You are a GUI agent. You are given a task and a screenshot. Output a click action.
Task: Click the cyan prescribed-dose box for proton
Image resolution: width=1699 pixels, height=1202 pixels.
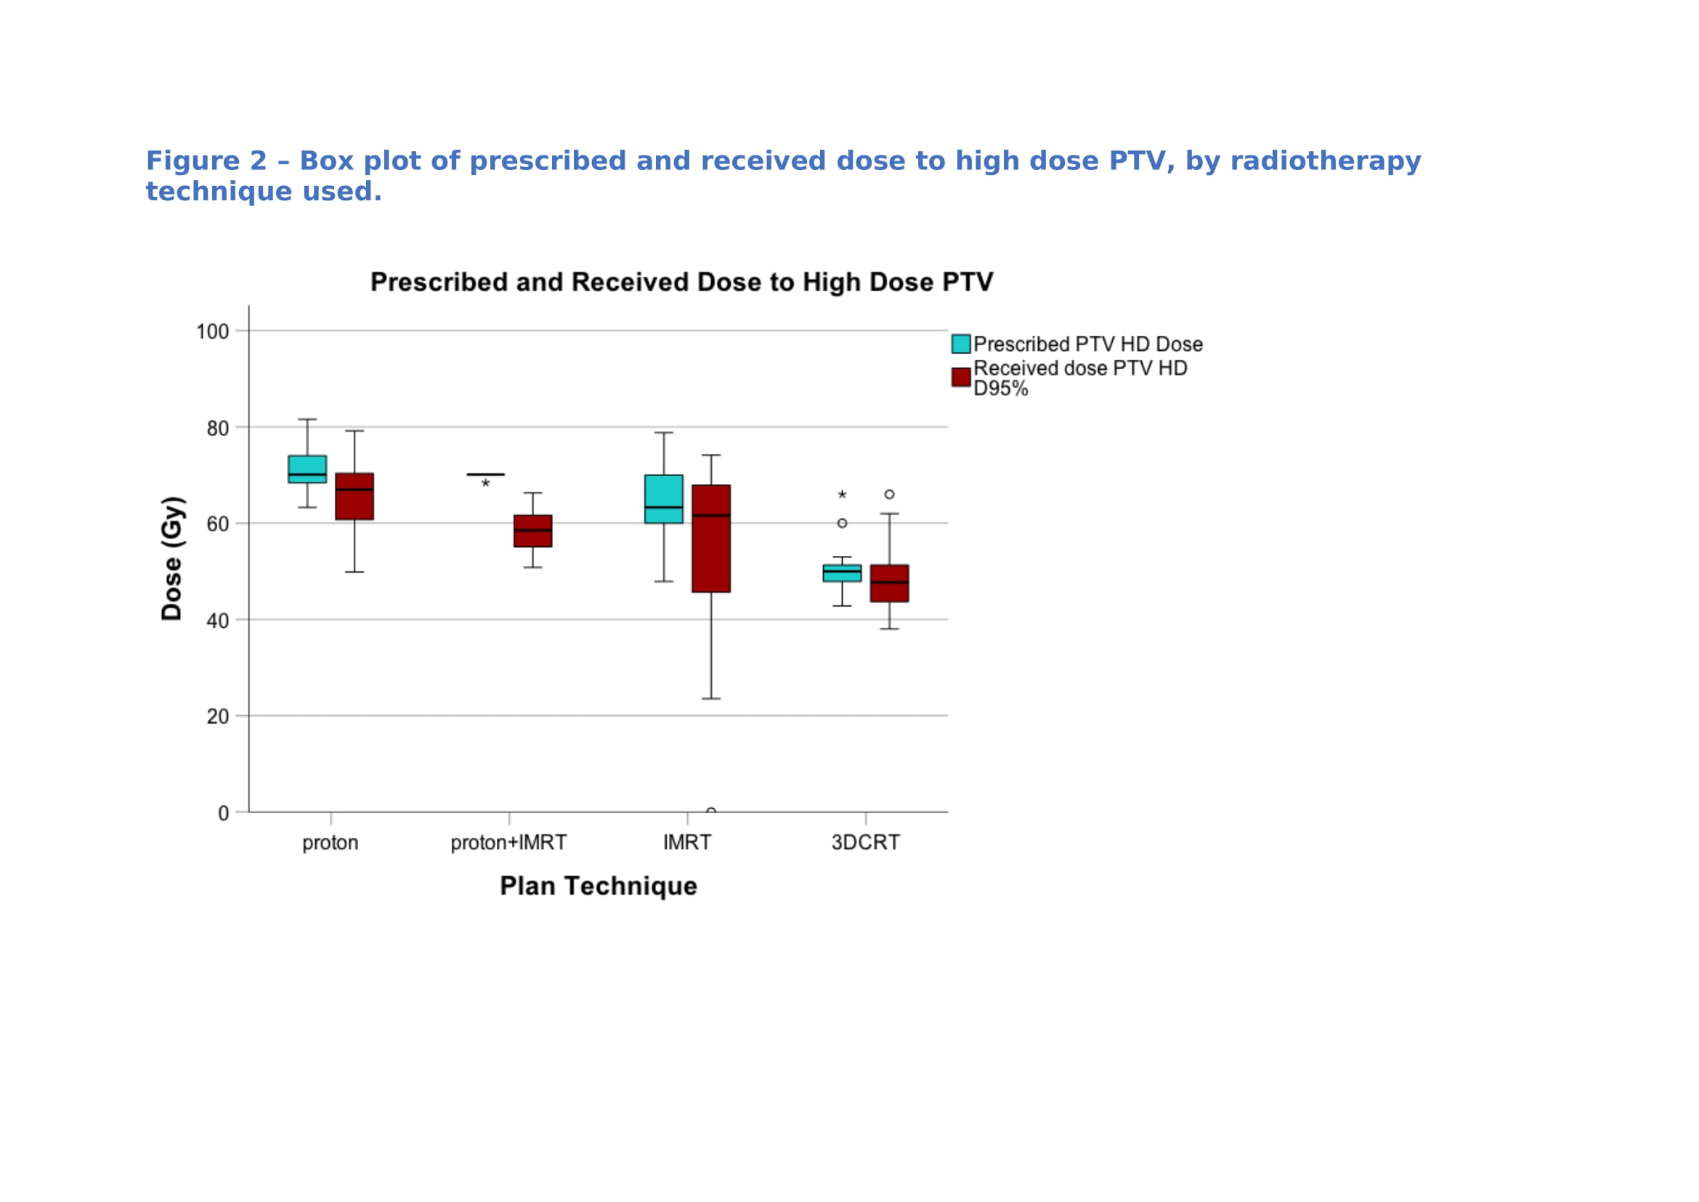coord(307,469)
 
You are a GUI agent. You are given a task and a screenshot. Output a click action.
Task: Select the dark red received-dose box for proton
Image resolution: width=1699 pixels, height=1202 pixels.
coord(354,496)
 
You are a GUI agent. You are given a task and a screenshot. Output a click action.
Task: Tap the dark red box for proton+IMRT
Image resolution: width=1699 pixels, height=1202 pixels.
coord(532,531)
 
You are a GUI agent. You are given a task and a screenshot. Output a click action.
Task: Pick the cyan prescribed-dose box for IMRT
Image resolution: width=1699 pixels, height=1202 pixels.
coord(664,499)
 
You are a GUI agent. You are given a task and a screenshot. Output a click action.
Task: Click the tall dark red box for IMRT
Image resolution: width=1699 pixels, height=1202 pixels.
coord(711,539)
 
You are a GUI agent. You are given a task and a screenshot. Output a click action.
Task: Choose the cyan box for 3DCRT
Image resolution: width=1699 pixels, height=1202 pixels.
coord(842,573)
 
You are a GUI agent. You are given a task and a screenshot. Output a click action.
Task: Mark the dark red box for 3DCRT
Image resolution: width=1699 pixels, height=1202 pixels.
coord(890,584)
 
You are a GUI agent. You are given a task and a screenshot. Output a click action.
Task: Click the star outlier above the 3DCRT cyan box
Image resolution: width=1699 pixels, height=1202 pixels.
coord(842,494)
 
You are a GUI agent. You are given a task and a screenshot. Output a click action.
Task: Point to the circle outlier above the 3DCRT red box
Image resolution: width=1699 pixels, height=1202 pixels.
coord(890,494)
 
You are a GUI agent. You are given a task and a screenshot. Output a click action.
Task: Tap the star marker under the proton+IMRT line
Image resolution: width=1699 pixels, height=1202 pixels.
coord(485,483)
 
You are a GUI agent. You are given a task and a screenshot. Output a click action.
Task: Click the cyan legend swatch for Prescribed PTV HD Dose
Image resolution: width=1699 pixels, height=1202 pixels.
coord(961,344)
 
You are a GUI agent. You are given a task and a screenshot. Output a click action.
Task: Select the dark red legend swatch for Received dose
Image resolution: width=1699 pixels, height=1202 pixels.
coord(961,377)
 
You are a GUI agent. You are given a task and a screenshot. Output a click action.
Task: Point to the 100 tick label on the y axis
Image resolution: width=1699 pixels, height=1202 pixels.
coord(212,331)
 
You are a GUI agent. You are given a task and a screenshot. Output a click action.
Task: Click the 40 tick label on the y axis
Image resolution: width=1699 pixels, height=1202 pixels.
coord(218,621)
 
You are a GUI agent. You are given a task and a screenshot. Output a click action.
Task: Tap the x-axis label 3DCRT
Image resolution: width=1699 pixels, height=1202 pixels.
coord(866,843)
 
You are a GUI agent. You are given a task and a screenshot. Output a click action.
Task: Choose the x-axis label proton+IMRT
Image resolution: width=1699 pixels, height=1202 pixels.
coord(509,843)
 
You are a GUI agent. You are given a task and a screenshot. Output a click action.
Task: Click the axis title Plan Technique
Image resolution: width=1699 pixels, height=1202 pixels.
coord(599,886)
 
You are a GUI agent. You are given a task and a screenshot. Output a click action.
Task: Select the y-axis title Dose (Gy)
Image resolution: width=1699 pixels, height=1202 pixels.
coord(172,559)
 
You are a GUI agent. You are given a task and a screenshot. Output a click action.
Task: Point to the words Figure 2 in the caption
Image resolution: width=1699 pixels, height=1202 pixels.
coord(206,161)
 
